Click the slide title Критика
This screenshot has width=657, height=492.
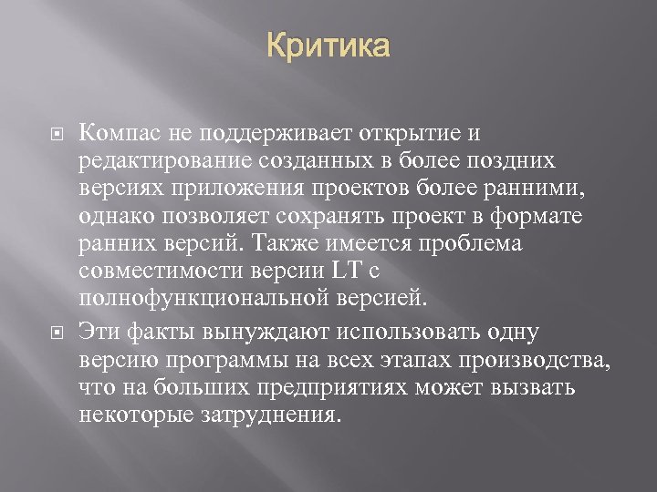(328, 46)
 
